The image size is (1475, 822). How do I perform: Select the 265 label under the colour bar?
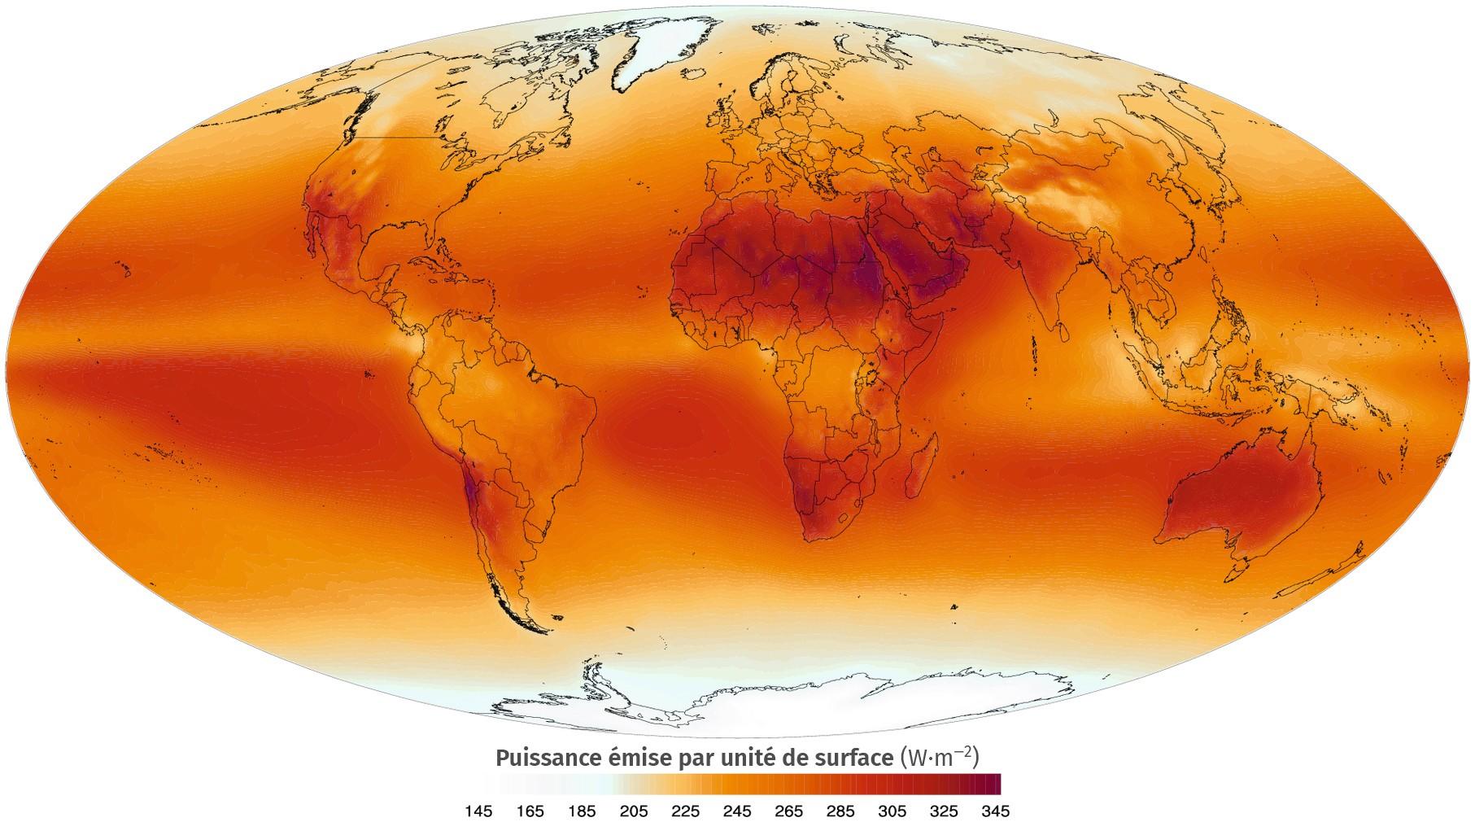789,811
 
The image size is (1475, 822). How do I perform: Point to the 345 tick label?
997,811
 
